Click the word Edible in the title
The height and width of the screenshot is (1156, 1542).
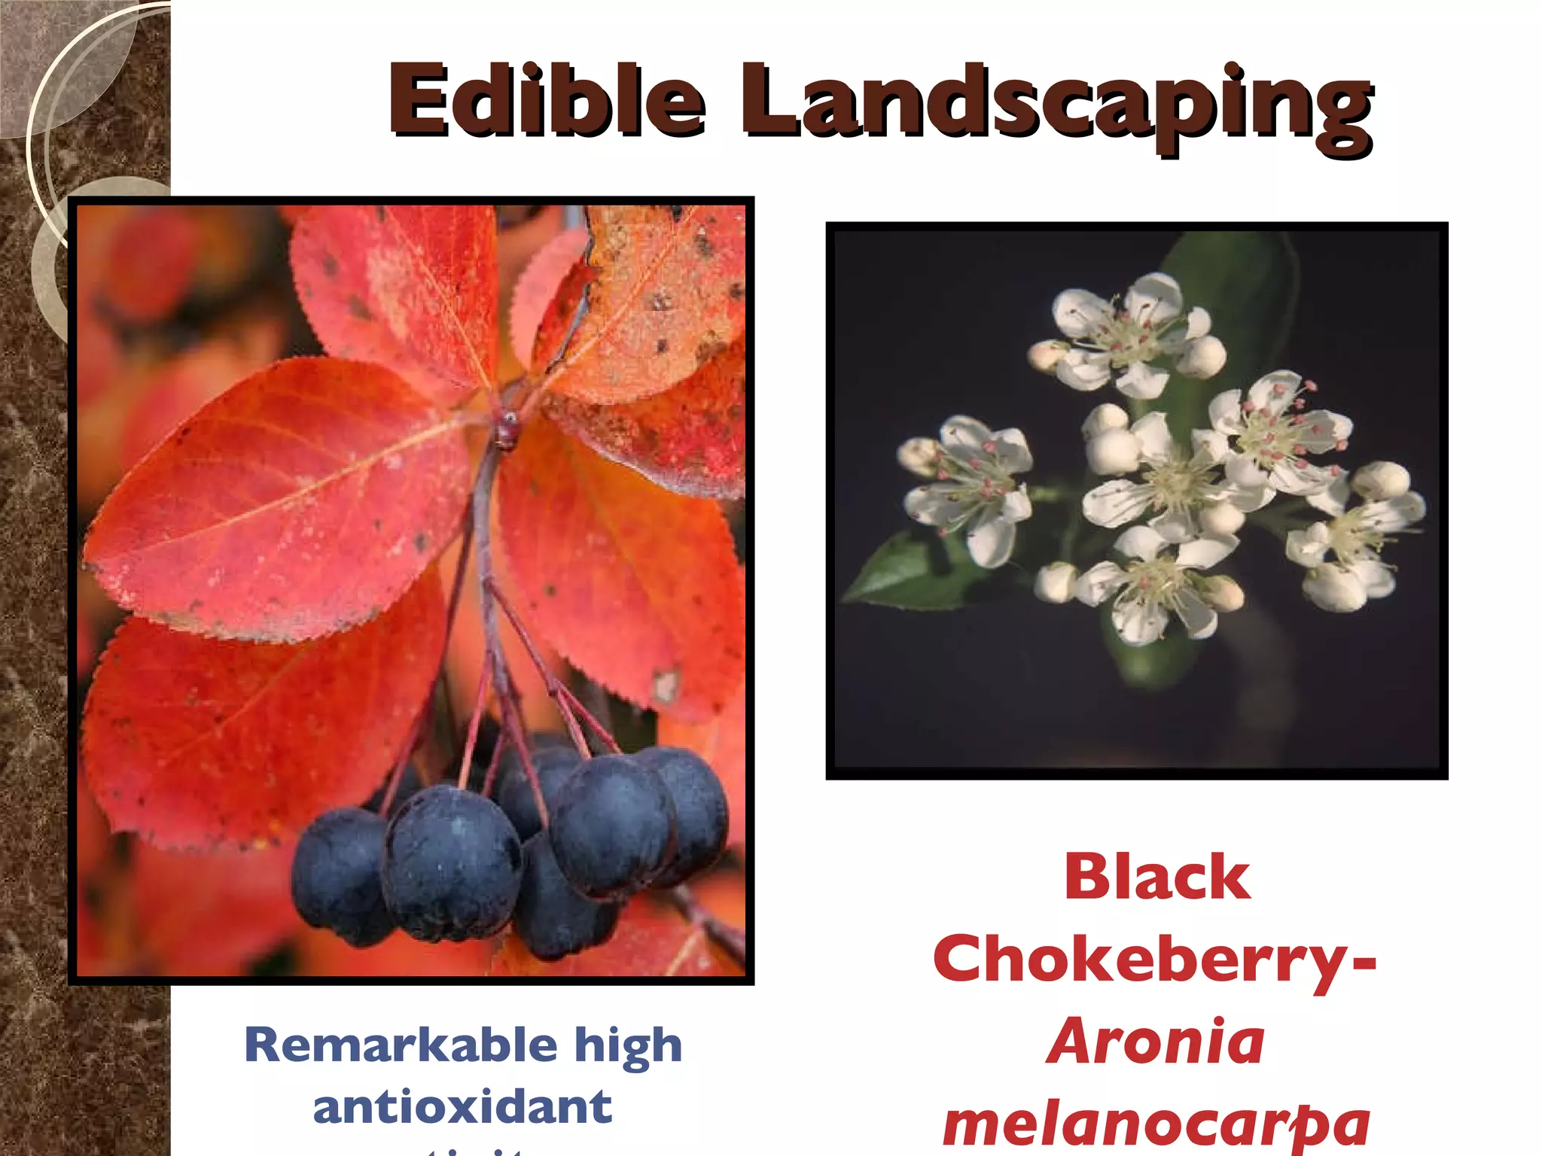pyautogui.click(x=547, y=102)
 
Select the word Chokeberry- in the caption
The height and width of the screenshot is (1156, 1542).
pyautogui.click(x=1155, y=961)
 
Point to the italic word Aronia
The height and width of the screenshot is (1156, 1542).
pyautogui.click(x=1156, y=1042)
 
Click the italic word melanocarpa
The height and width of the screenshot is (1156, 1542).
pyautogui.click(x=1156, y=1123)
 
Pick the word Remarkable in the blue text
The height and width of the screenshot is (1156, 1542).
pyautogui.click(x=401, y=1045)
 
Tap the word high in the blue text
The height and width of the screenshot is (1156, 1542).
pyautogui.click(x=629, y=1047)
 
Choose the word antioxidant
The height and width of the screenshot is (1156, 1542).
pyautogui.click(x=462, y=1107)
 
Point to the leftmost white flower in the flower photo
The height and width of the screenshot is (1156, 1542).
pyautogui.click(x=968, y=482)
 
